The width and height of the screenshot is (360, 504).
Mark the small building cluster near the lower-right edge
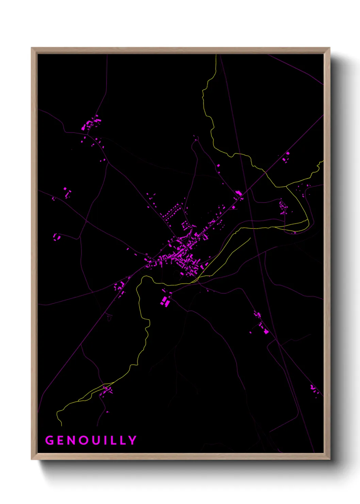click(x=313, y=388)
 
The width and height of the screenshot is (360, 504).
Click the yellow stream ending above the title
click(x=60, y=417)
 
